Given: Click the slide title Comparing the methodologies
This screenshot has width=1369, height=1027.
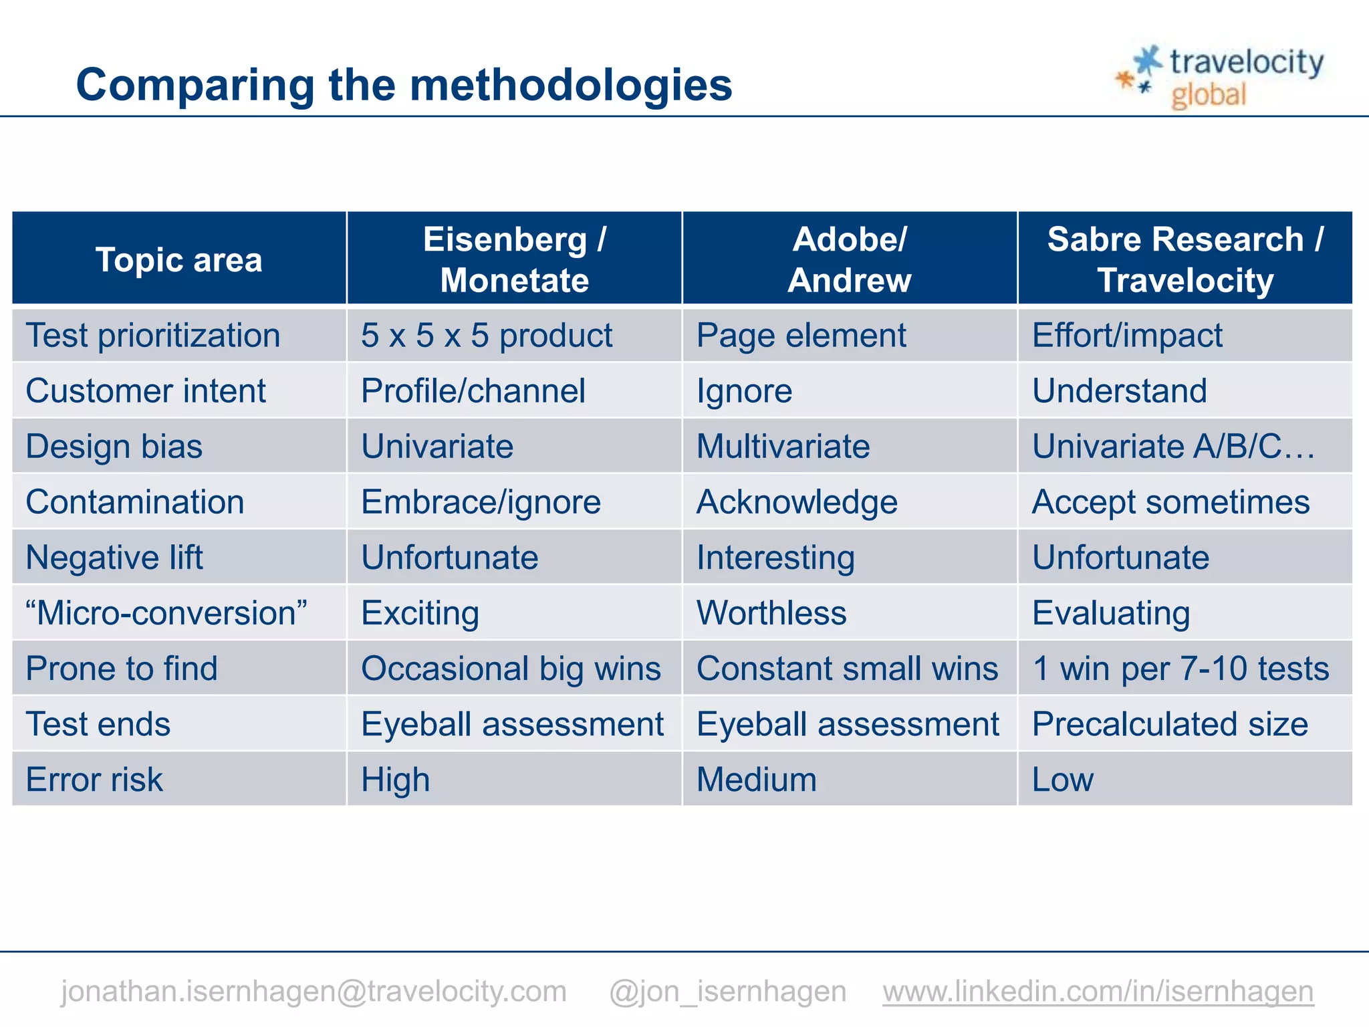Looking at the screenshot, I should (404, 85).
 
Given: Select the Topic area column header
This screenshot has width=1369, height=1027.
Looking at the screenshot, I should (178, 259).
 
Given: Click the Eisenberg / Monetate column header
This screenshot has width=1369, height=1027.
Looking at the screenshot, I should (514, 259).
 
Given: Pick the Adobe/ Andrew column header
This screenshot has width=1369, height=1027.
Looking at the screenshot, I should (849, 259).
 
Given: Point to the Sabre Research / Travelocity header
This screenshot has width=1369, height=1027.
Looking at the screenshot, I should (1185, 259).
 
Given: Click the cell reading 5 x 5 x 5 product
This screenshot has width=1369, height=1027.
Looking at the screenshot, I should (486, 335).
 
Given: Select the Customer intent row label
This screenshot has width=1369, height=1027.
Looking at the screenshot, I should (146, 390).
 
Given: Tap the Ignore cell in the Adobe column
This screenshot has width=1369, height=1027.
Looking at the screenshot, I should (744, 391).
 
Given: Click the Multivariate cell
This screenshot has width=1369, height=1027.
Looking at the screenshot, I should (783, 446).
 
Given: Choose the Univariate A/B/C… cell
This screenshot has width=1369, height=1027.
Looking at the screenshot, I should (1173, 446).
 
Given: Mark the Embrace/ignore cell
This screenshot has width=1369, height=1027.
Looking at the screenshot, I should (481, 502).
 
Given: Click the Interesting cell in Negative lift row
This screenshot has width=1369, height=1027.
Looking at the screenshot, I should (775, 558).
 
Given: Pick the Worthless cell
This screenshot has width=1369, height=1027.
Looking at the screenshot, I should (771, 612).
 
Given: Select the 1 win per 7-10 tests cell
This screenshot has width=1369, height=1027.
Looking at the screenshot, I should (1180, 668).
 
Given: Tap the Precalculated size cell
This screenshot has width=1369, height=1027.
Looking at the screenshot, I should (1170, 723).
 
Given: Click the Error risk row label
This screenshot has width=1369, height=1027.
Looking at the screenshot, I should (94, 780).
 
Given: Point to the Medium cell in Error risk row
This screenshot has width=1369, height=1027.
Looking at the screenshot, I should (756, 780).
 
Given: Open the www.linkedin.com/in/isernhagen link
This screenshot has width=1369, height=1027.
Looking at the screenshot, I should (1098, 991).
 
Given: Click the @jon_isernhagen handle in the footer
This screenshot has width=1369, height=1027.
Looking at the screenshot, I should (727, 991).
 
